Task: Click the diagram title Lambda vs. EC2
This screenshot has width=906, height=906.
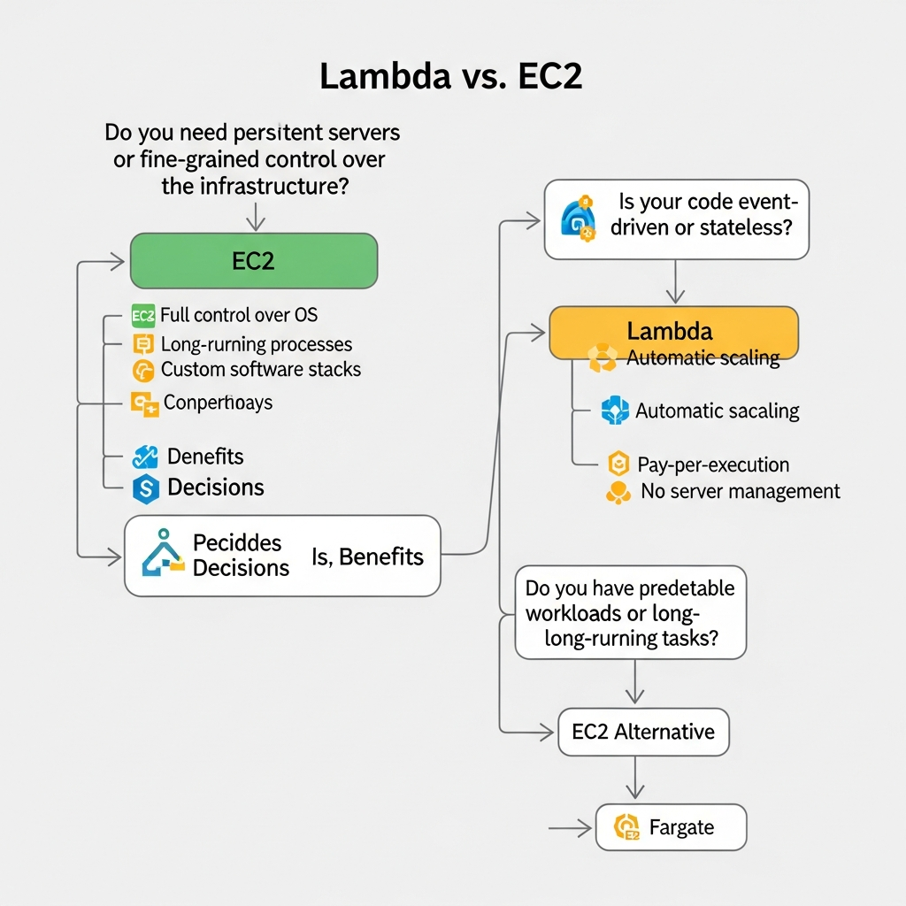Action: pos(450,77)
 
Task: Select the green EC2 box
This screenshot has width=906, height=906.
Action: pos(254,261)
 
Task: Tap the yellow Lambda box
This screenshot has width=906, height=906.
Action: pos(673,332)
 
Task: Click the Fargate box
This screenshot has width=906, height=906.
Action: pos(671,827)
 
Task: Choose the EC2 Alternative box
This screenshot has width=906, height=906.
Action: pos(643,732)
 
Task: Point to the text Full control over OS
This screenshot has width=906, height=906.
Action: pos(239,315)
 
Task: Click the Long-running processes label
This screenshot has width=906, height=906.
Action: pos(257,344)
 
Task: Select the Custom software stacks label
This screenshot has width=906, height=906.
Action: pos(261,370)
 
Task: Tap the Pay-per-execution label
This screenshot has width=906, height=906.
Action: pos(713,465)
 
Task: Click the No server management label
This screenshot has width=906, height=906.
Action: pos(740,491)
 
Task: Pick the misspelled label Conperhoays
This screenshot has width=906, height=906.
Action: pos(218,403)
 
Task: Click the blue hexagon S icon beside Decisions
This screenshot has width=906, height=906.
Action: pos(145,488)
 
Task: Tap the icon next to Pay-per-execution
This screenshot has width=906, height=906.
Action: pos(619,464)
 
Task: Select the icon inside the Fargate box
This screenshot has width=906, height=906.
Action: pos(626,827)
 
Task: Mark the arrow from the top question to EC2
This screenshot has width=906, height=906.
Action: pos(255,217)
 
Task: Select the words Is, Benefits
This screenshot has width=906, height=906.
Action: pos(367,557)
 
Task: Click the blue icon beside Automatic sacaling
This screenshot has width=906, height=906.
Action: pos(614,411)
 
